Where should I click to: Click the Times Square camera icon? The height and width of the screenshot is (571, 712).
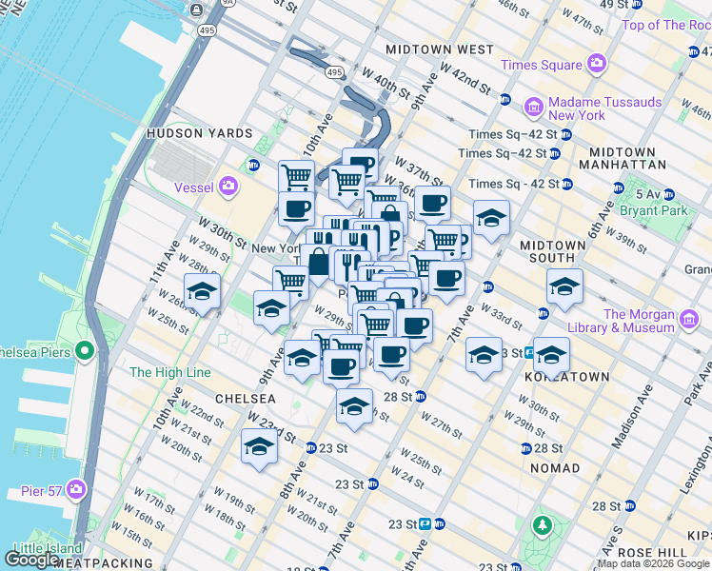tap(597, 65)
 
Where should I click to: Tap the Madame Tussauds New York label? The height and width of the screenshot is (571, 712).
tap(577, 108)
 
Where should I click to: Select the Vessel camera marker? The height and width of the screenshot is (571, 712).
tap(227, 187)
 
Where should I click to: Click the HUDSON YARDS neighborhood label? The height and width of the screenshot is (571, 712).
tap(199, 134)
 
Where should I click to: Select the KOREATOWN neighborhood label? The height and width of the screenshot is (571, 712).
tap(566, 377)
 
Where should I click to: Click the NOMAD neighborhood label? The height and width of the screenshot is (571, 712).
tap(555, 468)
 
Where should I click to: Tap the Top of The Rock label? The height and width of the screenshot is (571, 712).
tap(666, 25)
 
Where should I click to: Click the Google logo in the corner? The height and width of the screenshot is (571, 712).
tap(32, 559)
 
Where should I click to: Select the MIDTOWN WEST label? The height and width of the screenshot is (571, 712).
tap(439, 49)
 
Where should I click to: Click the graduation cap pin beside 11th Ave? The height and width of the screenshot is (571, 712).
tap(202, 292)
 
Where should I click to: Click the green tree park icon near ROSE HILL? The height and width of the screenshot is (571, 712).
tap(543, 524)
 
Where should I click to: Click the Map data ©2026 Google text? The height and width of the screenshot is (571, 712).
tap(653, 563)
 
